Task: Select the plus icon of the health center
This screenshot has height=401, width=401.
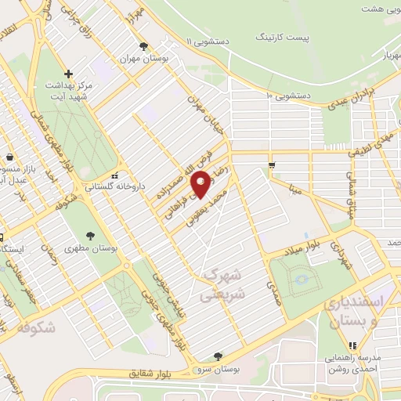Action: (x=69, y=74)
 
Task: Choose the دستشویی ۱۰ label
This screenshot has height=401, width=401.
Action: (x=287, y=96)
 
